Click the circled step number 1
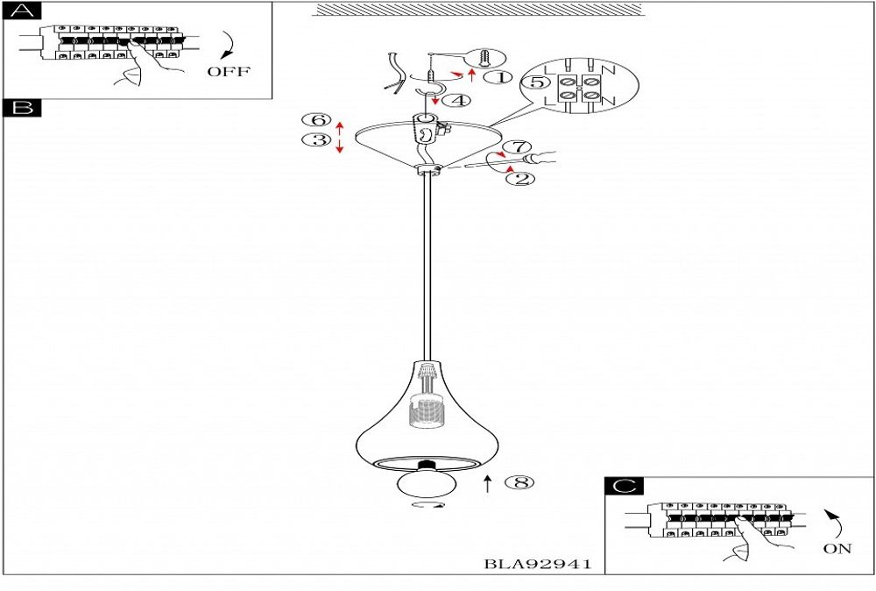[498, 77]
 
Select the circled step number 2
[520, 179]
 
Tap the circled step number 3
[317, 139]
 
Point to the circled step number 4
[456, 101]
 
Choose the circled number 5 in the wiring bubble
[535, 82]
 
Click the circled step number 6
[317, 119]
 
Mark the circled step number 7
[517, 146]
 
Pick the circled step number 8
[519, 482]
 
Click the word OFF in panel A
[229, 72]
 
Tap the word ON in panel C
[837, 549]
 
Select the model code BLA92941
[537, 564]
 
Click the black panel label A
[22, 11]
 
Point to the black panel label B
[22, 107]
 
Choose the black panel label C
[624, 486]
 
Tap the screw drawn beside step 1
[485, 58]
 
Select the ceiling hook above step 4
[430, 92]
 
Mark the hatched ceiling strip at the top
[478, 9]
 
